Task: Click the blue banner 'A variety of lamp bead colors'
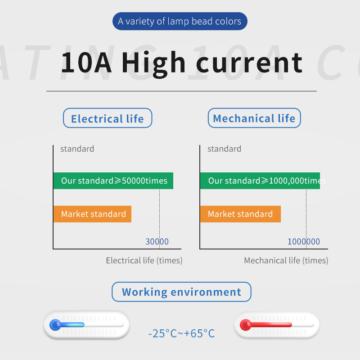[x=180, y=21]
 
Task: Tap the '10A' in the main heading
[x=86, y=63]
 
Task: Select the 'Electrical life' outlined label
[x=108, y=118]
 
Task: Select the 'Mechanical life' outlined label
[x=254, y=118]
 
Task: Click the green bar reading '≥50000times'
[x=113, y=181]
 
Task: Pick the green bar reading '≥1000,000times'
[x=260, y=181]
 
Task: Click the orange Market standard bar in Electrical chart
[x=92, y=214]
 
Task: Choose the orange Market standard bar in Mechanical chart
[x=240, y=214]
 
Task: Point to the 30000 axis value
[x=157, y=242]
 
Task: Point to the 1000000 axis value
[x=303, y=242]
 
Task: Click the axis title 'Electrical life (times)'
[x=144, y=261]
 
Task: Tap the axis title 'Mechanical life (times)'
[x=286, y=261]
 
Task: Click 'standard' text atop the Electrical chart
[x=77, y=149]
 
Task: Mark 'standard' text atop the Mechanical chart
[x=224, y=149]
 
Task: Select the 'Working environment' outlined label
[x=181, y=292]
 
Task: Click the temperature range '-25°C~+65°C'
[x=181, y=333]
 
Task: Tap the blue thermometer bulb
[x=55, y=325]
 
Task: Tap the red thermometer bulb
[x=245, y=325]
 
